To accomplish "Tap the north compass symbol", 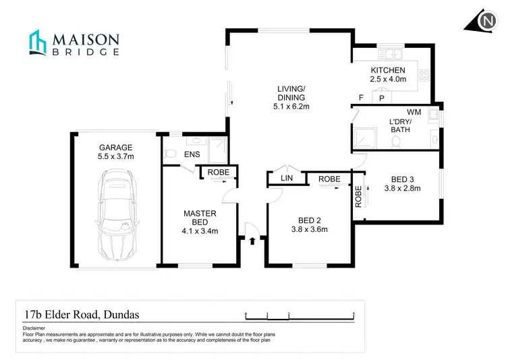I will pyautogui.click(x=484, y=21).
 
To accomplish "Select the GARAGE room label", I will pyautogui.click(x=115, y=147).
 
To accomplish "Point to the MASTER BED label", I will pyautogui.click(x=200, y=218).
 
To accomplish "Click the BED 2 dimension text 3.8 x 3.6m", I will pyautogui.click(x=310, y=229).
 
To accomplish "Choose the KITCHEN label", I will pyautogui.click(x=388, y=70).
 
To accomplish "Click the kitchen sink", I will pyautogui.click(x=391, y=53).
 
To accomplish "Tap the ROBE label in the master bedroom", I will pyautogui.click(x=219, y=173).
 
